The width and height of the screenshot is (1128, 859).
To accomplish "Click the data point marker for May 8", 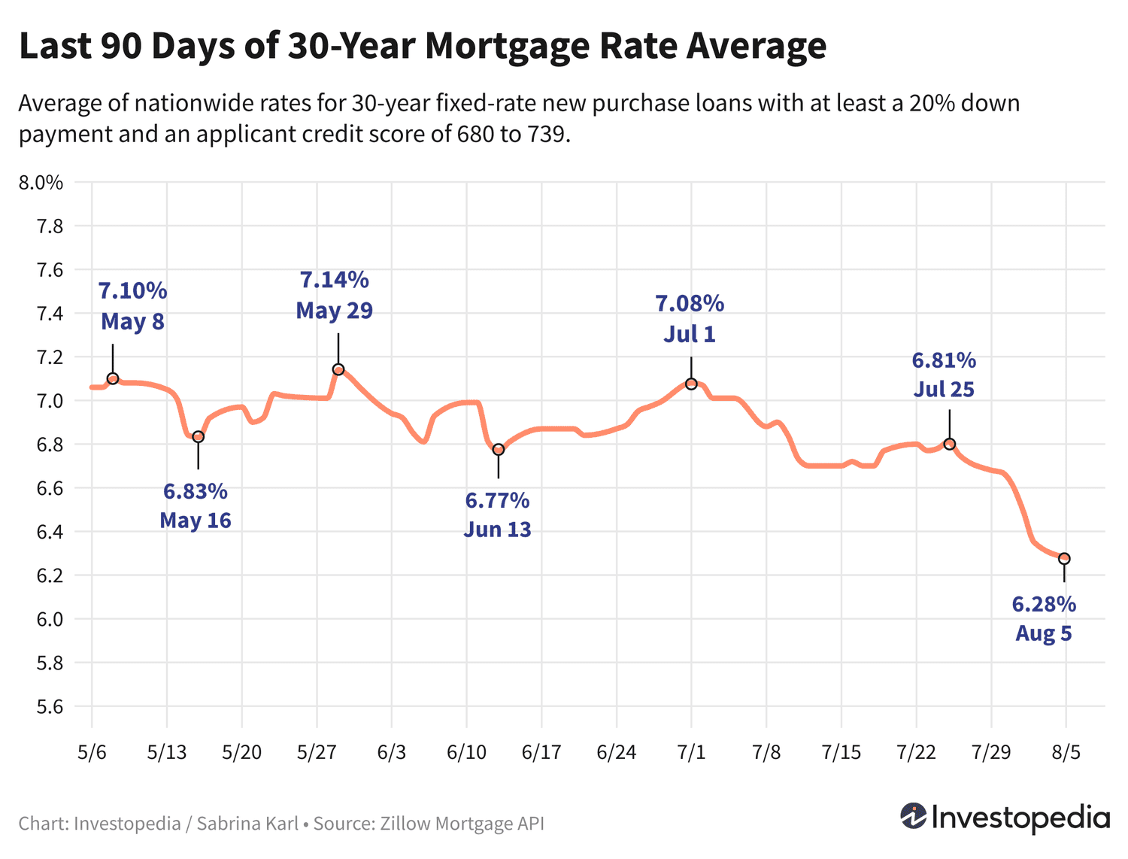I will click(113, 378).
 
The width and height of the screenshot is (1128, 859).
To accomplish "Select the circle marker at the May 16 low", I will click(199, 437).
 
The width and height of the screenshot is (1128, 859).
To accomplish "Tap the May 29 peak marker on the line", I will click(338, 369).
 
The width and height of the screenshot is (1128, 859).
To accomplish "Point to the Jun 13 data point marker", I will click(498, 450).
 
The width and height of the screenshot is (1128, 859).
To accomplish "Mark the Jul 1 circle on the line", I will click(691, 384).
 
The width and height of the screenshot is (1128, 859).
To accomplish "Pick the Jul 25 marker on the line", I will click(949, 444).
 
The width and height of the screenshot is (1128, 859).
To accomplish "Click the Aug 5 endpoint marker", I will click(1064, 559).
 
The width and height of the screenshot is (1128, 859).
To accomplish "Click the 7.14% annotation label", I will click(335, 281).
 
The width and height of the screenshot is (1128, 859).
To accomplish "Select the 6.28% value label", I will click(1044, 604).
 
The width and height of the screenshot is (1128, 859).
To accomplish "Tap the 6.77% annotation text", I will click(497, 500).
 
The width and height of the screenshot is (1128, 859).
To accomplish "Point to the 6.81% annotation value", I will click(944, 361).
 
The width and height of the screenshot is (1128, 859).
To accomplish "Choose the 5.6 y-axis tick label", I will click(47, 706).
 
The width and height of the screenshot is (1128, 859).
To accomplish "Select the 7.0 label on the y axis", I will click(47, 401).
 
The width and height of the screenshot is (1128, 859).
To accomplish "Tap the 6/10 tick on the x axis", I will click(466, 752).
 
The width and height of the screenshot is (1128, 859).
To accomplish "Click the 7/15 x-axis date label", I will click(841, 752).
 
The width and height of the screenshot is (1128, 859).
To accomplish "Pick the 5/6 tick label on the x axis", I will click(92, 752).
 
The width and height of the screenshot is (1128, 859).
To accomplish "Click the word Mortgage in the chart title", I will click(507, 47).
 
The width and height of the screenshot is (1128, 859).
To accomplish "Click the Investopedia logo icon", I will click(913, 816).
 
